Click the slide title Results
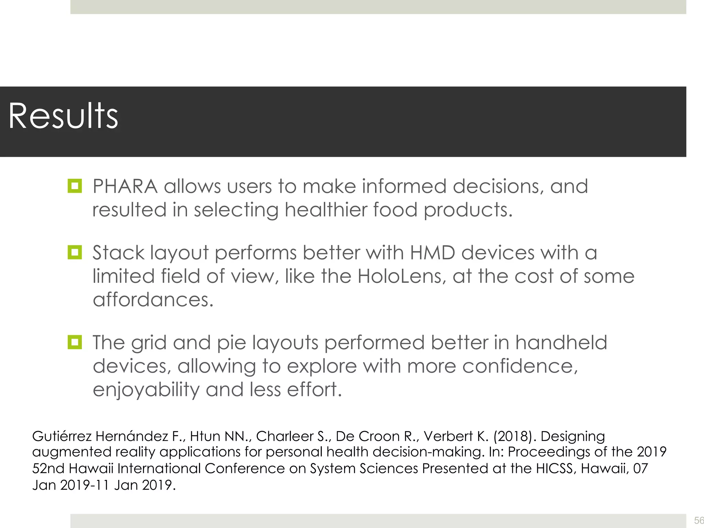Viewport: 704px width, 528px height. tap(63, 116)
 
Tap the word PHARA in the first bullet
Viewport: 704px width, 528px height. tap(125, 186)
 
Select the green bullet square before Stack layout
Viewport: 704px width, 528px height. tap(75, 252)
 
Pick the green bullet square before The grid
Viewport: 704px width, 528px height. tap(75, 342)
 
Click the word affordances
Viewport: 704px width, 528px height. tap(153, 300)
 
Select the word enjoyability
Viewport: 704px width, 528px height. tap(146, 390)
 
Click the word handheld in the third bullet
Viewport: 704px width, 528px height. tap(561, 343)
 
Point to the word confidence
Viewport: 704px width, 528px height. tap(520, 366)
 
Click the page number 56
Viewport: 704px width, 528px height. tap(698, 520)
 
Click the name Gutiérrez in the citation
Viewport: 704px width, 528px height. tap(62, 436)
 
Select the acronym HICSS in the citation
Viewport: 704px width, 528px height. tap(555, 469)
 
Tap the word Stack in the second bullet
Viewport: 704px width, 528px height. tap(118, 253)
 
